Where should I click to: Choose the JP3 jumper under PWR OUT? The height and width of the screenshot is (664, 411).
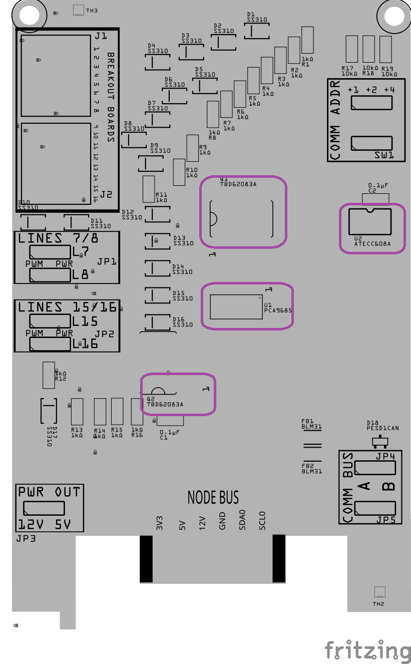click(x=44, y=508)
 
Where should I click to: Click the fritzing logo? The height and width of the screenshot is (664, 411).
click(x=368, y=650)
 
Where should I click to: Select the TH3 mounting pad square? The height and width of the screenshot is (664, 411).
click(x=79, y=10)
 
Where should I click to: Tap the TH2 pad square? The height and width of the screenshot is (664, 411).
click(x=379, y=592)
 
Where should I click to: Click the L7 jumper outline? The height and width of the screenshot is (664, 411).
click(x=50, y=251)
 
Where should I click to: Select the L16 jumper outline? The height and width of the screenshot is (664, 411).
click(x=50, y=344)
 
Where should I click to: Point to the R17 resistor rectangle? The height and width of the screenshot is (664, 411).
click(x=351, y=49)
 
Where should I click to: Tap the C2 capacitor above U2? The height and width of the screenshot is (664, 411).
click(x=375, y=198)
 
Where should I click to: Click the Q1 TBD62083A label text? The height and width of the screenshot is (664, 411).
click(x=238, y=184)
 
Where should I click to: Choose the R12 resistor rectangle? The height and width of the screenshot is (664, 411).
click(x=49, y=375)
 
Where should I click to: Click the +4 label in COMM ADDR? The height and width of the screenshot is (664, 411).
click(x=389, y=90)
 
